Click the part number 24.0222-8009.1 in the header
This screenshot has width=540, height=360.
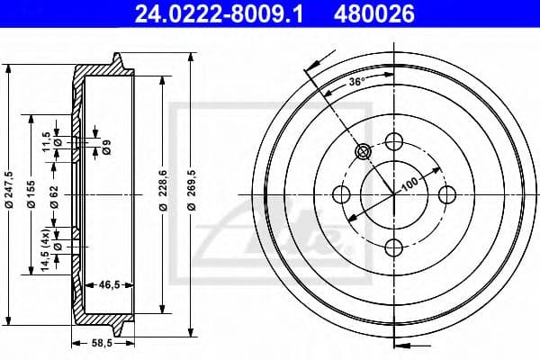pyautogui.click(x=219, y=13)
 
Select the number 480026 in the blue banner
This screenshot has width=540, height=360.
pyautogui.click(x=374, y=13)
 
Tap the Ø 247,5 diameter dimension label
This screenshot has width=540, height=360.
pyautogui.click(x=9, y=190)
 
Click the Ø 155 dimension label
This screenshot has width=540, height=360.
pyautogui.click(x=31, y=194)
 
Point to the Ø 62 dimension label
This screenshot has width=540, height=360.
pyautogui.click(x=54, y=197)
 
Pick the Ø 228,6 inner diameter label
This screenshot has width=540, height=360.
pyautogui.click(x=163, y=190)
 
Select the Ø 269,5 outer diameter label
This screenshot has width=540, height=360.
pyautogui.click(x=192, y=190)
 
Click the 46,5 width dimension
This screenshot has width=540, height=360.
pyautogui.click(x=109, y=285)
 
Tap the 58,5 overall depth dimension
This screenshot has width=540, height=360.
pyautogui.click(x=103, y=343)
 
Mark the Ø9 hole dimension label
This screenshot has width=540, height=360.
pyautogui.click(x=106, y=147)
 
